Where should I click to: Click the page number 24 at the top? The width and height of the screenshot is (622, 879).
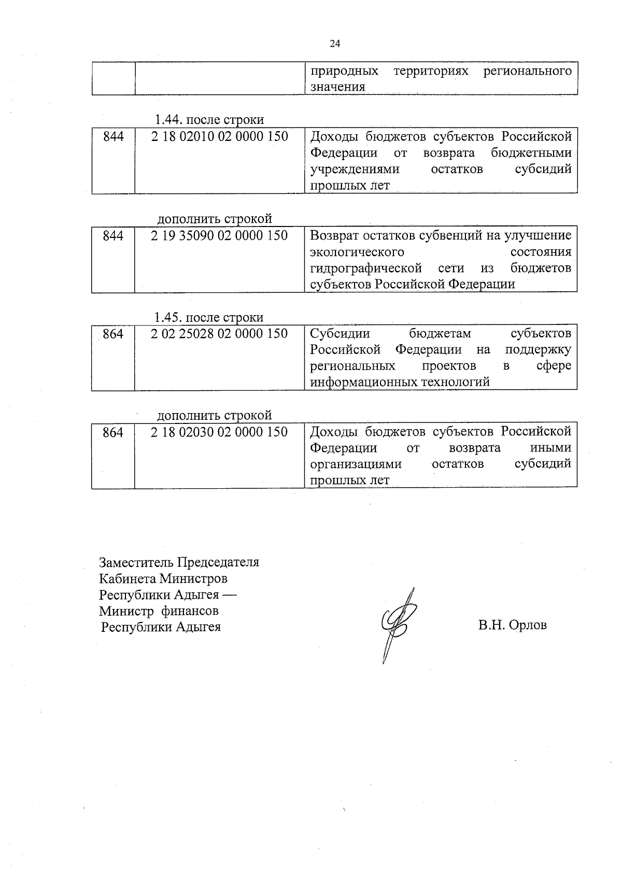[x=335, y=44]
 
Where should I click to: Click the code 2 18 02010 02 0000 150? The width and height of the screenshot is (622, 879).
[x=219, y=136]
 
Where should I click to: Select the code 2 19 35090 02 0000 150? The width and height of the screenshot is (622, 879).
[x=219, y=235]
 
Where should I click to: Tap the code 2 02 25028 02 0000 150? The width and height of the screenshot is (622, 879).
[x=219, y=333]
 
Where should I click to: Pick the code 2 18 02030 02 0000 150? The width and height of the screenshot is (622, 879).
[x=219, y=432]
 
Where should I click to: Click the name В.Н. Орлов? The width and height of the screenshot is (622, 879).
[x=512, y=625]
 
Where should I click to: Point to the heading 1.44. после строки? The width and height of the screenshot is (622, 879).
[x=209, y=120]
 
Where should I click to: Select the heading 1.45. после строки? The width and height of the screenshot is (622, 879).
[x=209, y=317]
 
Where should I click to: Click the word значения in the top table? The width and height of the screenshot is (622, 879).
[x=337, y=87]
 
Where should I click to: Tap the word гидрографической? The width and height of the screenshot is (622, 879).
[x=365, y=268]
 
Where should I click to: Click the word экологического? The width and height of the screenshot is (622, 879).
[x=357, y=252]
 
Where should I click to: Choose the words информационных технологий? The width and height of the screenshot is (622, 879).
[x=400, y=382]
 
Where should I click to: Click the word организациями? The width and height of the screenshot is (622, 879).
[x=356, y=464]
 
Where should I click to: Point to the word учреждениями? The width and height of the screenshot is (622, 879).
[x=355, y=169]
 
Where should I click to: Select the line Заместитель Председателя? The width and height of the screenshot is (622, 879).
[x=179, y=562]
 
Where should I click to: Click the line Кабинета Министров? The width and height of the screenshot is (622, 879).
[x=163, y=578]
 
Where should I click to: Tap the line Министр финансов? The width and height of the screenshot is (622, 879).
[x=159, y=611]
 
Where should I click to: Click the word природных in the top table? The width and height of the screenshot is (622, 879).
[x=344, y=71]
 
